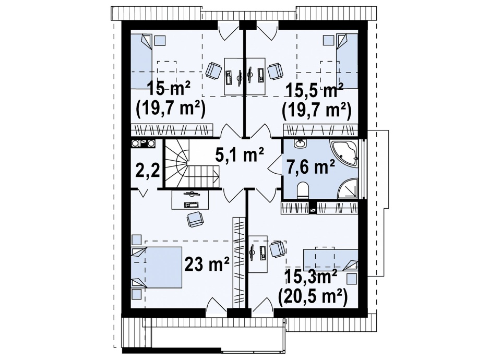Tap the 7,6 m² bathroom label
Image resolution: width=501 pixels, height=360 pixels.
pos(311,167)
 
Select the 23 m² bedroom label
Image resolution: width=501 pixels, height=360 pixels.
pos(207,264)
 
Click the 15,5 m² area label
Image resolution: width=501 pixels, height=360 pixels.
pos(315,91)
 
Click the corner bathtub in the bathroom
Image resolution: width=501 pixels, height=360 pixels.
pos(345,153)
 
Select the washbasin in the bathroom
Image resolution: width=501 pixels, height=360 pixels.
pos(301,143)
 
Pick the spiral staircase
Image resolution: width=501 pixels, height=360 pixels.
pos(192,165)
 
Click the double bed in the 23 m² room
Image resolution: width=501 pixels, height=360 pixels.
pos(157,268)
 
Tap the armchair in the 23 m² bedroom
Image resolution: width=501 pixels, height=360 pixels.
pos(195,219)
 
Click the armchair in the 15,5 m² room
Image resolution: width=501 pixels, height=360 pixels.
pos(275,71)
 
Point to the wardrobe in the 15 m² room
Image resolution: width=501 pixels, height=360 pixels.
pos(172,130)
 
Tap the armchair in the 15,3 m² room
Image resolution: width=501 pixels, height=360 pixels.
pos(277,249)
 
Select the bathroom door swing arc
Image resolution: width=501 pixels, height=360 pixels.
pos(274,163)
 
